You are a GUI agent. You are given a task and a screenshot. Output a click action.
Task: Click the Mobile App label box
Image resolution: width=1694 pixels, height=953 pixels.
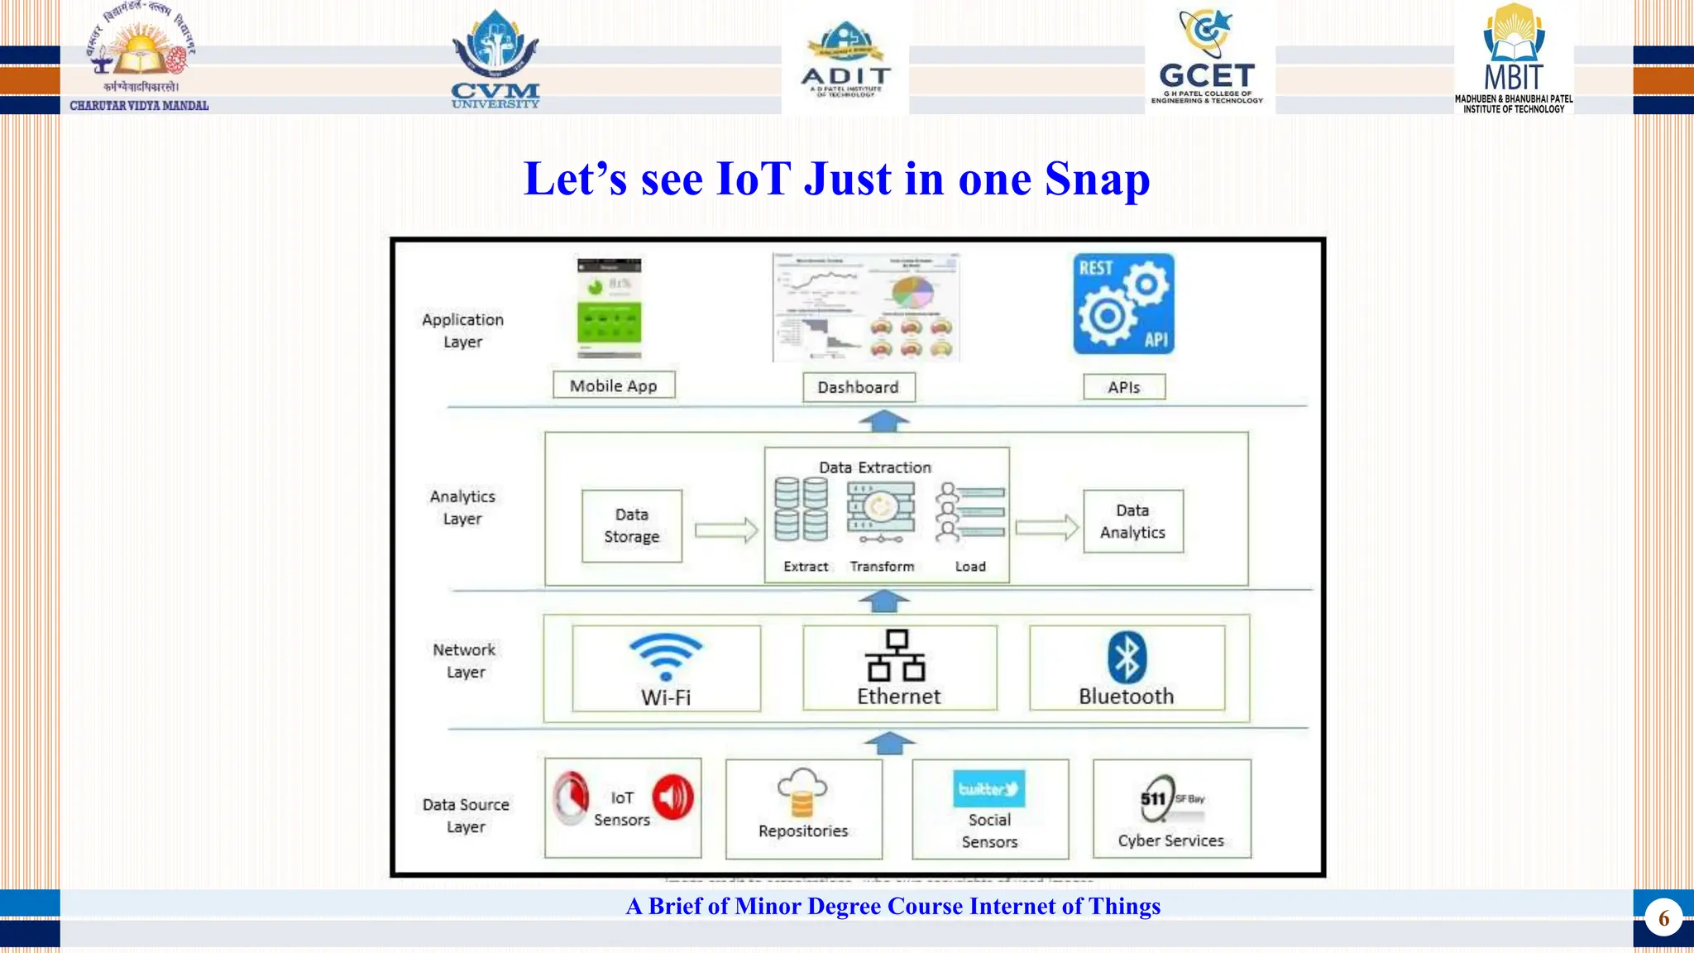[x=614, y=386]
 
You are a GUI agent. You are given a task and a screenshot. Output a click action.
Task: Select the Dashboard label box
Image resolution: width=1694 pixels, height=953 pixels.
[x=859, y=387]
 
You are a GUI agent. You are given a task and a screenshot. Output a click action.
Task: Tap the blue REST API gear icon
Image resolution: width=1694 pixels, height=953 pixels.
[x=1123, y=304]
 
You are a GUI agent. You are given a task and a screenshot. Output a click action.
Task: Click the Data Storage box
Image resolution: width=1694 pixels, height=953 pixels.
[x=632, y=526]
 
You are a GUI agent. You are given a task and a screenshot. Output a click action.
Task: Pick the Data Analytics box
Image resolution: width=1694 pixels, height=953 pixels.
[x=1132, y=521]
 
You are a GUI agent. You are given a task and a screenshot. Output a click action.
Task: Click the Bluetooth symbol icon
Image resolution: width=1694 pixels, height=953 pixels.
[x=1127, y=658]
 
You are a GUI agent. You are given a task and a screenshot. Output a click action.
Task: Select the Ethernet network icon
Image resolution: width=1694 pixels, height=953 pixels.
[x=897, y=655]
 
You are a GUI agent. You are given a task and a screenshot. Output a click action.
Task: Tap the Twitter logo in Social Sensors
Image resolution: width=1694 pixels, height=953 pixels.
[x=988, y=788]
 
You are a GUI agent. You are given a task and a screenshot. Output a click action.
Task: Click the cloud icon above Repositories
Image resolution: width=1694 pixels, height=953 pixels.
[x=802, y=790]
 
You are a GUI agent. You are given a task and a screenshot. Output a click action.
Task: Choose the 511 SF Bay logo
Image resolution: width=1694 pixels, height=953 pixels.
[x=1170, y=798]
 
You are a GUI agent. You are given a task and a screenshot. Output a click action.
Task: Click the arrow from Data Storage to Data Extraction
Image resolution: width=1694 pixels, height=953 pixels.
[x=726, y=530]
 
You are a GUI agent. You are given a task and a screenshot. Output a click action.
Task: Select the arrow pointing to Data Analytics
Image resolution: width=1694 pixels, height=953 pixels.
[x=1046, y=528]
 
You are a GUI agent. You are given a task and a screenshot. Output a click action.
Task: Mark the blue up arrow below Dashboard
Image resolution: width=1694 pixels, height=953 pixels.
[x=883, y=421]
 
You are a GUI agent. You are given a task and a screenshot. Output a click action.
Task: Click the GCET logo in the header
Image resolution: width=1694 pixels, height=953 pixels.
[x=1208, y=58]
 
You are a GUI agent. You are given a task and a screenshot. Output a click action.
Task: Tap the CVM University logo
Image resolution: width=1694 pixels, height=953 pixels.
[x=495, y=60]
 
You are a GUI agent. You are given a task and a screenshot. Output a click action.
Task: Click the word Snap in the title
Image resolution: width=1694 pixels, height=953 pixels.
[x=1097, y=179]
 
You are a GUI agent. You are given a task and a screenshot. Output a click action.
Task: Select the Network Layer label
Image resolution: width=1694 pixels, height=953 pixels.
[x=465, y=661]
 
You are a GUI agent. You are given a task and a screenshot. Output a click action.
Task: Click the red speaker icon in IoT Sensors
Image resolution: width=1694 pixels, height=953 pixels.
[x=673, y=797]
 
